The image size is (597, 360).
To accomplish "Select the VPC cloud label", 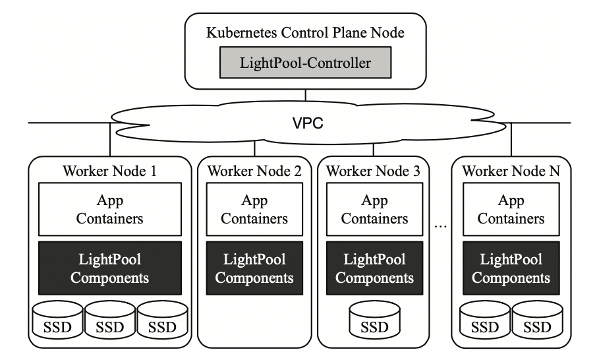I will (x=307, y=123).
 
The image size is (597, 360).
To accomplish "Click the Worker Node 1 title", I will (x=109, y=171).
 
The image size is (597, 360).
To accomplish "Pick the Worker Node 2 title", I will (x=254, y=171).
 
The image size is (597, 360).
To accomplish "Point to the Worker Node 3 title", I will (x=374, y=171).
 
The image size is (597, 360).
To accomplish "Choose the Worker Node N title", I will (x=511, y=171).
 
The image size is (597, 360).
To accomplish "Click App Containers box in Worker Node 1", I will (x=109, y=209).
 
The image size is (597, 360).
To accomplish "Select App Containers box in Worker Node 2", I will (x=254, y=209).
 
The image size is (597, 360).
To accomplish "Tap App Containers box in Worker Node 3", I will (x=374, y=209).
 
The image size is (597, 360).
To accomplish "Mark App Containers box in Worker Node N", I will (x=511, y=209).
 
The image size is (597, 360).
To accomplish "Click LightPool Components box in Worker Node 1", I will (x=109, y=268).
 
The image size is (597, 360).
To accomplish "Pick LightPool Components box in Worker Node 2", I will (x=254, y=268).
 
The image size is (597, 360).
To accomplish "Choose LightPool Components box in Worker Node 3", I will (x=374, y=268).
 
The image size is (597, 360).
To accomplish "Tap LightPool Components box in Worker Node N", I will (x=511, y=268).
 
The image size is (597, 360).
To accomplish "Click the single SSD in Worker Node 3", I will (x=374, y=321).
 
